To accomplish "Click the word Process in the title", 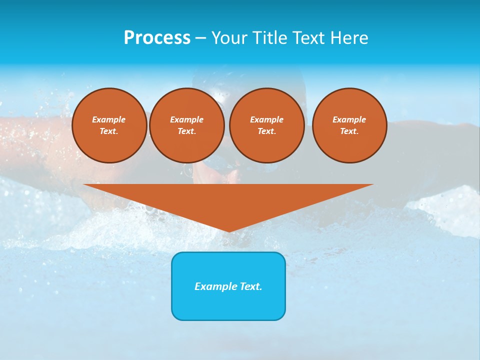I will (157, 38).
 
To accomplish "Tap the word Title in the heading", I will (268, 38).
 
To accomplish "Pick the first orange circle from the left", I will (109, 125).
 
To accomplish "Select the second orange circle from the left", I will (187, 125).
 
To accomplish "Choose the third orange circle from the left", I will (267, 125).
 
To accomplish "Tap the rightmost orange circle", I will (349, 125).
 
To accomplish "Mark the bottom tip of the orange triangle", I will (228, 231).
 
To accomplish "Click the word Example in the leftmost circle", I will (109, 119).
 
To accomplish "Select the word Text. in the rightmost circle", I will (349, 131).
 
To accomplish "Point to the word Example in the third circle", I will (267, 119).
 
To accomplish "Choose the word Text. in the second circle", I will (187, 131).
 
